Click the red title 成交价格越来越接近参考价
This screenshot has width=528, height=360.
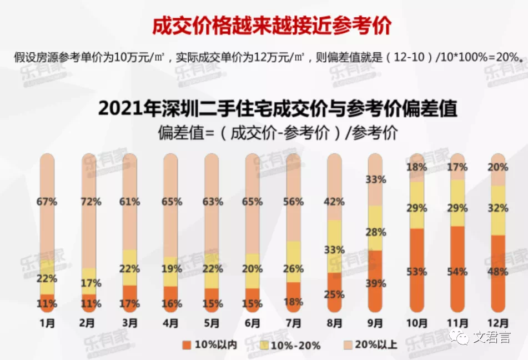coord(272,26)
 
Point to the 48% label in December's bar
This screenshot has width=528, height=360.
coord(498,272)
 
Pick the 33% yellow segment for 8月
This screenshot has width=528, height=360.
coord(334,249)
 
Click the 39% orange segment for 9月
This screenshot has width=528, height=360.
coord(375,284)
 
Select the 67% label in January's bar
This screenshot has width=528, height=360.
coord(48,202)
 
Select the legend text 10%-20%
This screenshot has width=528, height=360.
coord(300,345)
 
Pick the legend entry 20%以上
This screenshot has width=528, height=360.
coord(376,345)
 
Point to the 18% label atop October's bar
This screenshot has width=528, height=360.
coord(416,167)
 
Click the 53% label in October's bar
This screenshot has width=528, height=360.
coord(416,272)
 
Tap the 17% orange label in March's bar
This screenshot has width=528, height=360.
coord(130,304)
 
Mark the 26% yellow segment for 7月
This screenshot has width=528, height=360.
coord(293,269)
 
